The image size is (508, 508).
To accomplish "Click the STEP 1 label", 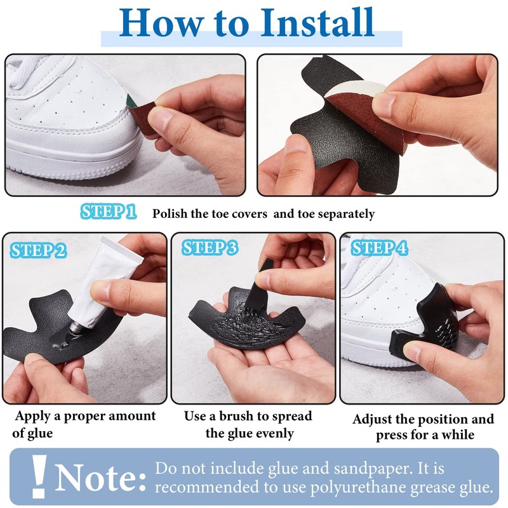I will pos(109,212).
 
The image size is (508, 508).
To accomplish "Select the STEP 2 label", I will pos(38,250).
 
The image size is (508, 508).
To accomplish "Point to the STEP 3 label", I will pos(210,248).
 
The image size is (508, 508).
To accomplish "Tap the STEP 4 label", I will pos(380,248).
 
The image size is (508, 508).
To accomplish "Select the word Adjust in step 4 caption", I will pos(374,419).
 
